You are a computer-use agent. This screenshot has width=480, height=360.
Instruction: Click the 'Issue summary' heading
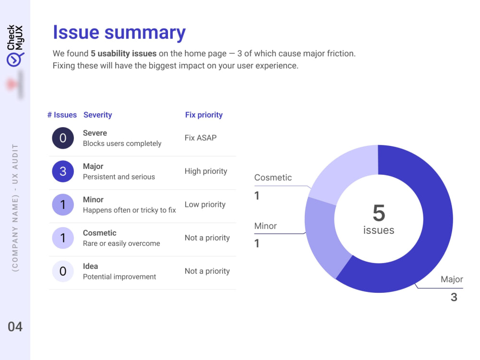(119, 33)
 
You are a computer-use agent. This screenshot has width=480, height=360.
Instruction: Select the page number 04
(15, 326)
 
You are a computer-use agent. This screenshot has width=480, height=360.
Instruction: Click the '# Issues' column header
(62, 115)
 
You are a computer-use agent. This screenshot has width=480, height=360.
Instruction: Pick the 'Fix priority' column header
(204, 115)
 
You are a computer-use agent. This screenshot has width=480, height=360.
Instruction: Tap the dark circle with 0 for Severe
(63, 138)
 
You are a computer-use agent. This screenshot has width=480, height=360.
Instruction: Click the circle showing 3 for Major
(63, 171)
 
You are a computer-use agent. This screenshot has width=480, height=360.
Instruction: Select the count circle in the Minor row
(63, 204)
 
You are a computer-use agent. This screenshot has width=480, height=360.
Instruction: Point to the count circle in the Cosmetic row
(63, 238)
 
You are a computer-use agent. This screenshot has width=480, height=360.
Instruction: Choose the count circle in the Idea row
(63, 271)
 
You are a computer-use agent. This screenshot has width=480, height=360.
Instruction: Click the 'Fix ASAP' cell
(201, 138)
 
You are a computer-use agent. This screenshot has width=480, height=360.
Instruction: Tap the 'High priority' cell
(206, 171)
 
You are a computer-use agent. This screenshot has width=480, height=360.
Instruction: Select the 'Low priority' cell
(205, 204)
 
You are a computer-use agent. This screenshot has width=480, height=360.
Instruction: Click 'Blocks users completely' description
(122, 144)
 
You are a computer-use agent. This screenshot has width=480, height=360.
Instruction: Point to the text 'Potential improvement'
(120, 277)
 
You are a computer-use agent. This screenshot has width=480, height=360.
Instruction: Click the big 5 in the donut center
(379, 213)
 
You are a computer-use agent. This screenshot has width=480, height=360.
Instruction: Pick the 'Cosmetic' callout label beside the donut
(273, 178)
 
